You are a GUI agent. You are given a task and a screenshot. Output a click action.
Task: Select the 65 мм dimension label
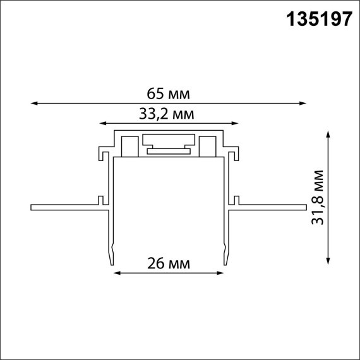click(168, 94)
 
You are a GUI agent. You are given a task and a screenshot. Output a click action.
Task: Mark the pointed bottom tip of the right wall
click(225, 264)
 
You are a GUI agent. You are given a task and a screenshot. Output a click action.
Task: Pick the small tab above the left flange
click(100, 200)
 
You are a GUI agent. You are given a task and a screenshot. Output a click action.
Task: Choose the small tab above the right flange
click(236, 200)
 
